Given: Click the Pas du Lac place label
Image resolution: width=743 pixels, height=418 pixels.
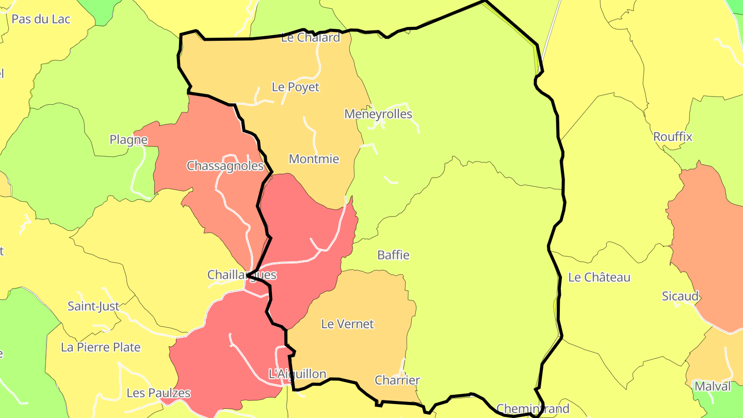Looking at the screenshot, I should point(41,19).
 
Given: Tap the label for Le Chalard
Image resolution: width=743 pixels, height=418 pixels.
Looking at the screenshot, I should point(311,37).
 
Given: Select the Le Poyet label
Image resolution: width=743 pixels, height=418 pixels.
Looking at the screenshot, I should point(296,87).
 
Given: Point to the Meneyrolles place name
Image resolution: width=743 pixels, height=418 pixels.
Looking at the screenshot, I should point(378,114).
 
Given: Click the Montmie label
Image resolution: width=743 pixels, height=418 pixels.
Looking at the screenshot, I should point(314,159).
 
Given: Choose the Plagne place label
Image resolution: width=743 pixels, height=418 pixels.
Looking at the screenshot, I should point(128,140).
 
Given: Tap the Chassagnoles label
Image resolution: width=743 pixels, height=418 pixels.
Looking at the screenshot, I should point(225,166).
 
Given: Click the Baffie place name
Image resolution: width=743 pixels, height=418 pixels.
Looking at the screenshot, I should point(393,255).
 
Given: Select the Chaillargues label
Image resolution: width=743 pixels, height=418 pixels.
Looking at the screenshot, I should point(241,275).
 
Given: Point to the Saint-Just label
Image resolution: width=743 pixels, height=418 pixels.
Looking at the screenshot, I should point(93,307).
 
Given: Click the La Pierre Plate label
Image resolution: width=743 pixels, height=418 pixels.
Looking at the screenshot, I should point(101,347).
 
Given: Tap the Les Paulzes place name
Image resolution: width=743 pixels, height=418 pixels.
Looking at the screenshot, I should point(158,393).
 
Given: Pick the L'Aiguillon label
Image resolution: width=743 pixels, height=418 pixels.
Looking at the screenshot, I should point(298,374).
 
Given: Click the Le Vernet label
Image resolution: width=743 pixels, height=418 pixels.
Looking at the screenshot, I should point(347,324).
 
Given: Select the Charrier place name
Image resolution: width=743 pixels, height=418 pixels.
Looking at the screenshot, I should point(397,380).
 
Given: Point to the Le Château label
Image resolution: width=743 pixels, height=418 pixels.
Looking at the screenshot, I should point(599,278).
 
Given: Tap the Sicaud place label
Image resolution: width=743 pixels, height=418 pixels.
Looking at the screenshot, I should point(680,296).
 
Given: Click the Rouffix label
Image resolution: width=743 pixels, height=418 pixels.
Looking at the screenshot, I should point(672,137).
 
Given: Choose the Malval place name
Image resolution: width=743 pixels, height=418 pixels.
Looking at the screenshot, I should point(713,386).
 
